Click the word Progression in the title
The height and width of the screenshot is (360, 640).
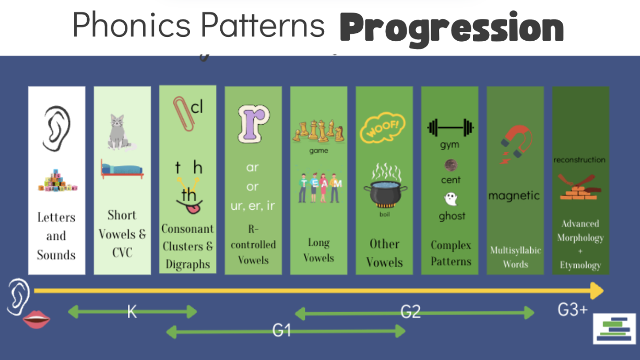(x=452, y=29)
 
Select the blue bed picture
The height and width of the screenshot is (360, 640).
(x=122, y=169)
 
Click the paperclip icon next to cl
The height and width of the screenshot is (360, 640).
(x=183, y=114)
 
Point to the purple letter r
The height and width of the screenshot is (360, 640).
(x=253, y=124)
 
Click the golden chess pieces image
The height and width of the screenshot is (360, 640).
(x=318, y=131)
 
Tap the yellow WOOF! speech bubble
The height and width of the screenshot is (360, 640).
(x=383, y=127)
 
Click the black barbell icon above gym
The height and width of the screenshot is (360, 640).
(x=451, y=128)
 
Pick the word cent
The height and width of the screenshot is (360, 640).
(x=451, y=180)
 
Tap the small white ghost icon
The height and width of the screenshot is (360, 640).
(x=451, y=199)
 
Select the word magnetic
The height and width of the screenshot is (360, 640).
(x=514, y=196)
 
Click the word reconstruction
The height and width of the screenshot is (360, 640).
(x=579, y=160)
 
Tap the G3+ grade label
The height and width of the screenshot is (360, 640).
(x=572, y=309)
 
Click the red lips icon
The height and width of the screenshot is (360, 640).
(x=37, y=319)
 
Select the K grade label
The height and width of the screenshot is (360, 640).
(x=132, y=311)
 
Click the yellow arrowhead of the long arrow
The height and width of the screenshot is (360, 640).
(x=597, y=291)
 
